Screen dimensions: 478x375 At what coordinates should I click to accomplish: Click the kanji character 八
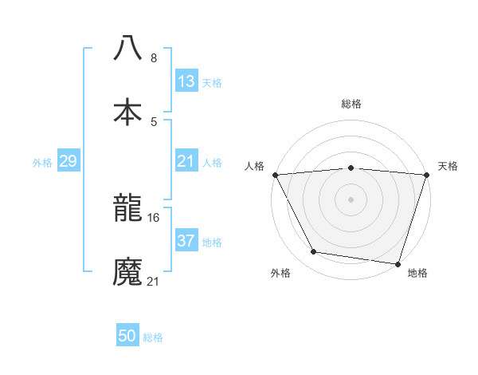pyautogui.click(x=127, y=48)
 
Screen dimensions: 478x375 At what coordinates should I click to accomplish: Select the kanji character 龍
pyautogui.click(x=127, y=210)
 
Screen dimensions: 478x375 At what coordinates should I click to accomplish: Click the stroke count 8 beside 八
pyautogui.click(x=154, y=58)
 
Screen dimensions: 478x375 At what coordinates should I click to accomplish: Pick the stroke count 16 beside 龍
pyautogui.click(x=154, y=217)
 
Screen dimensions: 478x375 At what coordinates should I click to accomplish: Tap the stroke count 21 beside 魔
pyautogui.click(x=154, y=281)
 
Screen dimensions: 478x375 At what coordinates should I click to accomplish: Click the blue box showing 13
pyautogui.click(x=186, y=81)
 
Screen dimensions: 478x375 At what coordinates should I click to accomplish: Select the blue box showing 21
pyautogui.click(x=186, y=161)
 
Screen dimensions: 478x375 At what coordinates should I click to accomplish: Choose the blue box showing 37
pyautogui.click(x=186, y=240)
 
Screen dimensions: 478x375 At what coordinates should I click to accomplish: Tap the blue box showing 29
pyautogui.click(x=68, y=161)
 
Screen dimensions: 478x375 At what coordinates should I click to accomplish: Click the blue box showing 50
pyautogui.click(x=127, y=336)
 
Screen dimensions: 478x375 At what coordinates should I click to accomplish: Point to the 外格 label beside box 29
pyautogui.click(x=42, y=162)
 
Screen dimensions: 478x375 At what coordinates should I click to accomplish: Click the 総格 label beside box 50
pyautogui.click(x=153, y=337)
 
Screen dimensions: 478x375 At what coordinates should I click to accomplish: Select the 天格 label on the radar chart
pyautogui.click(x=449, y=166)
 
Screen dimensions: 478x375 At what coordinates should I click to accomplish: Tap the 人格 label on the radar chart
pyautogui.click(x=254, y=166)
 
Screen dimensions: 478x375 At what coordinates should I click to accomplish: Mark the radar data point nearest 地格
pyautogui.click(x=398, y=263)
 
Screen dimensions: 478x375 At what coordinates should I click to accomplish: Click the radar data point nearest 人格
pyautogui.click(x=275, y=175)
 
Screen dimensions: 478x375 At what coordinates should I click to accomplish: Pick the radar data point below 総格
pyautogui.click(x=351, y=168)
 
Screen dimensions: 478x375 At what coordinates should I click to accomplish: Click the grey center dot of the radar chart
pyautogui.click(x=351, y=199)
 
